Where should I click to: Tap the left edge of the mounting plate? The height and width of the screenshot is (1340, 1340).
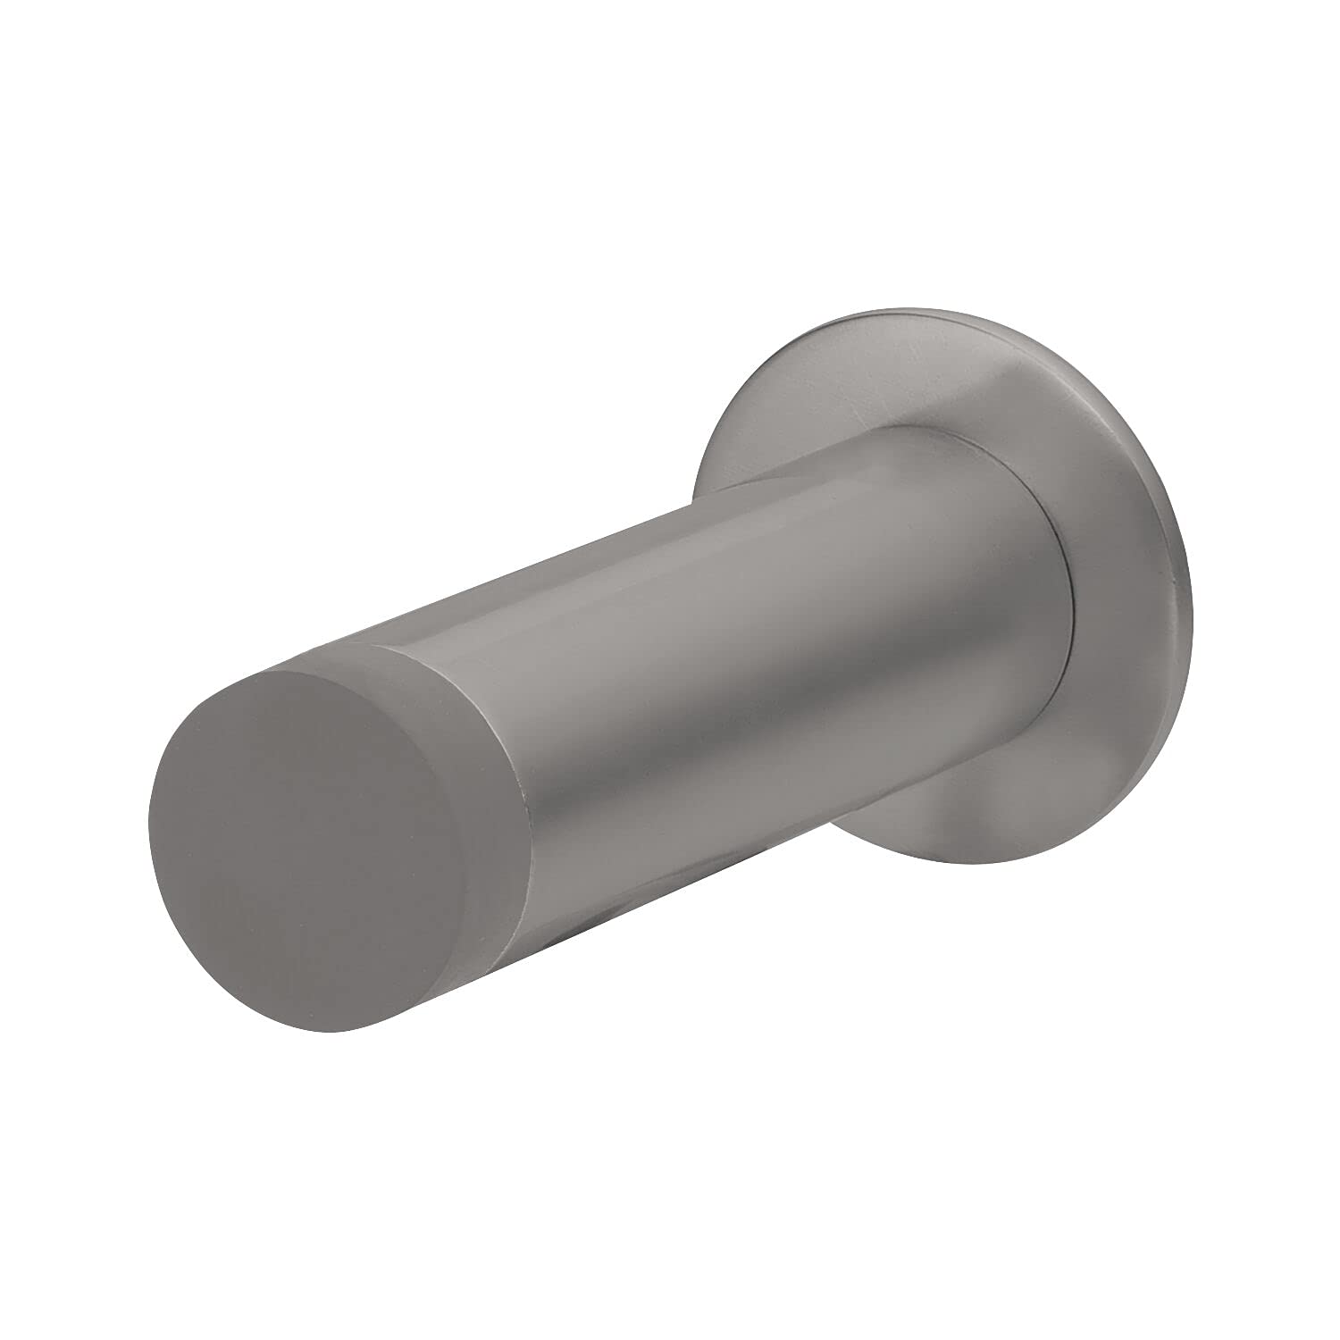[697, 491]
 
